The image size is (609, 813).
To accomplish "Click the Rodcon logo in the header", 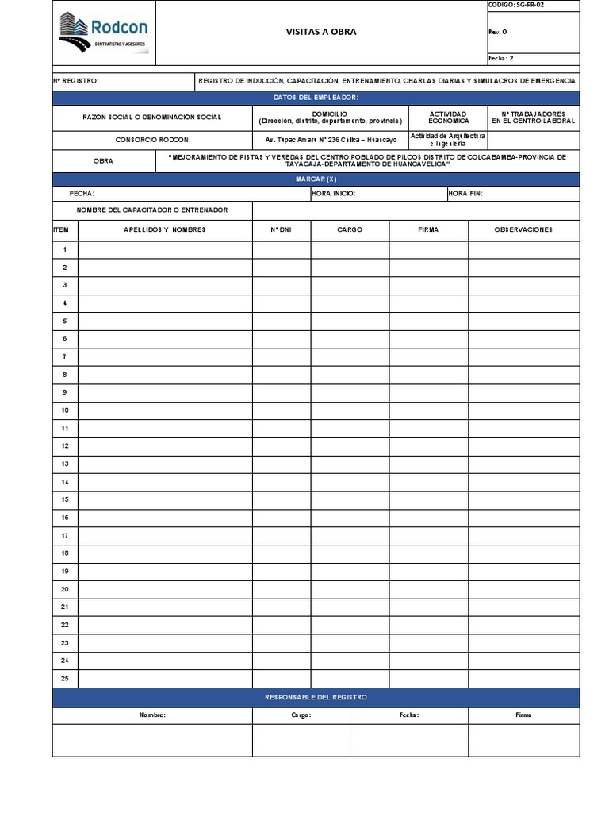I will coord(103,33).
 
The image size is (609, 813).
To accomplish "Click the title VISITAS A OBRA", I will coord(321,32).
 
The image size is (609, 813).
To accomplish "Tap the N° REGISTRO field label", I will coord(77,81).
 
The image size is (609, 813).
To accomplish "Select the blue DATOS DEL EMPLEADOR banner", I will coord(316,97).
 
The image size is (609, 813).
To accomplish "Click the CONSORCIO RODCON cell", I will coord(152,139).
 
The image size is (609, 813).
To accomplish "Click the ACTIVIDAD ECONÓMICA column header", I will coord(448,118).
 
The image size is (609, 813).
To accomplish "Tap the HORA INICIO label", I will coord(334,193).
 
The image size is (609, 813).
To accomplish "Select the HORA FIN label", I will coord(465,193).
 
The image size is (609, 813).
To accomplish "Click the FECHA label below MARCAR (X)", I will coord(82,193).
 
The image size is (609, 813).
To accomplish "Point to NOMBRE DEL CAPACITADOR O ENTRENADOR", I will coord(152,210).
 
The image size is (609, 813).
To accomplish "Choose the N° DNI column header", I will coord(282,229).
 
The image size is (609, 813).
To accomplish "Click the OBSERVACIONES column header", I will coord(523,229).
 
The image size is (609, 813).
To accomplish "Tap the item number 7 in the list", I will coord(65,356).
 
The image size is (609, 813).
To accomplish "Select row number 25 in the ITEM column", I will coord(65,678).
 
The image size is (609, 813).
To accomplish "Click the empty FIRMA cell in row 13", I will coord(428,464).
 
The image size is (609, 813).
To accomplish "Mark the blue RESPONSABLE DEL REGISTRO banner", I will coord(316,697).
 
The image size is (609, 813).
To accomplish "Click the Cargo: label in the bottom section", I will coord(301,715).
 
